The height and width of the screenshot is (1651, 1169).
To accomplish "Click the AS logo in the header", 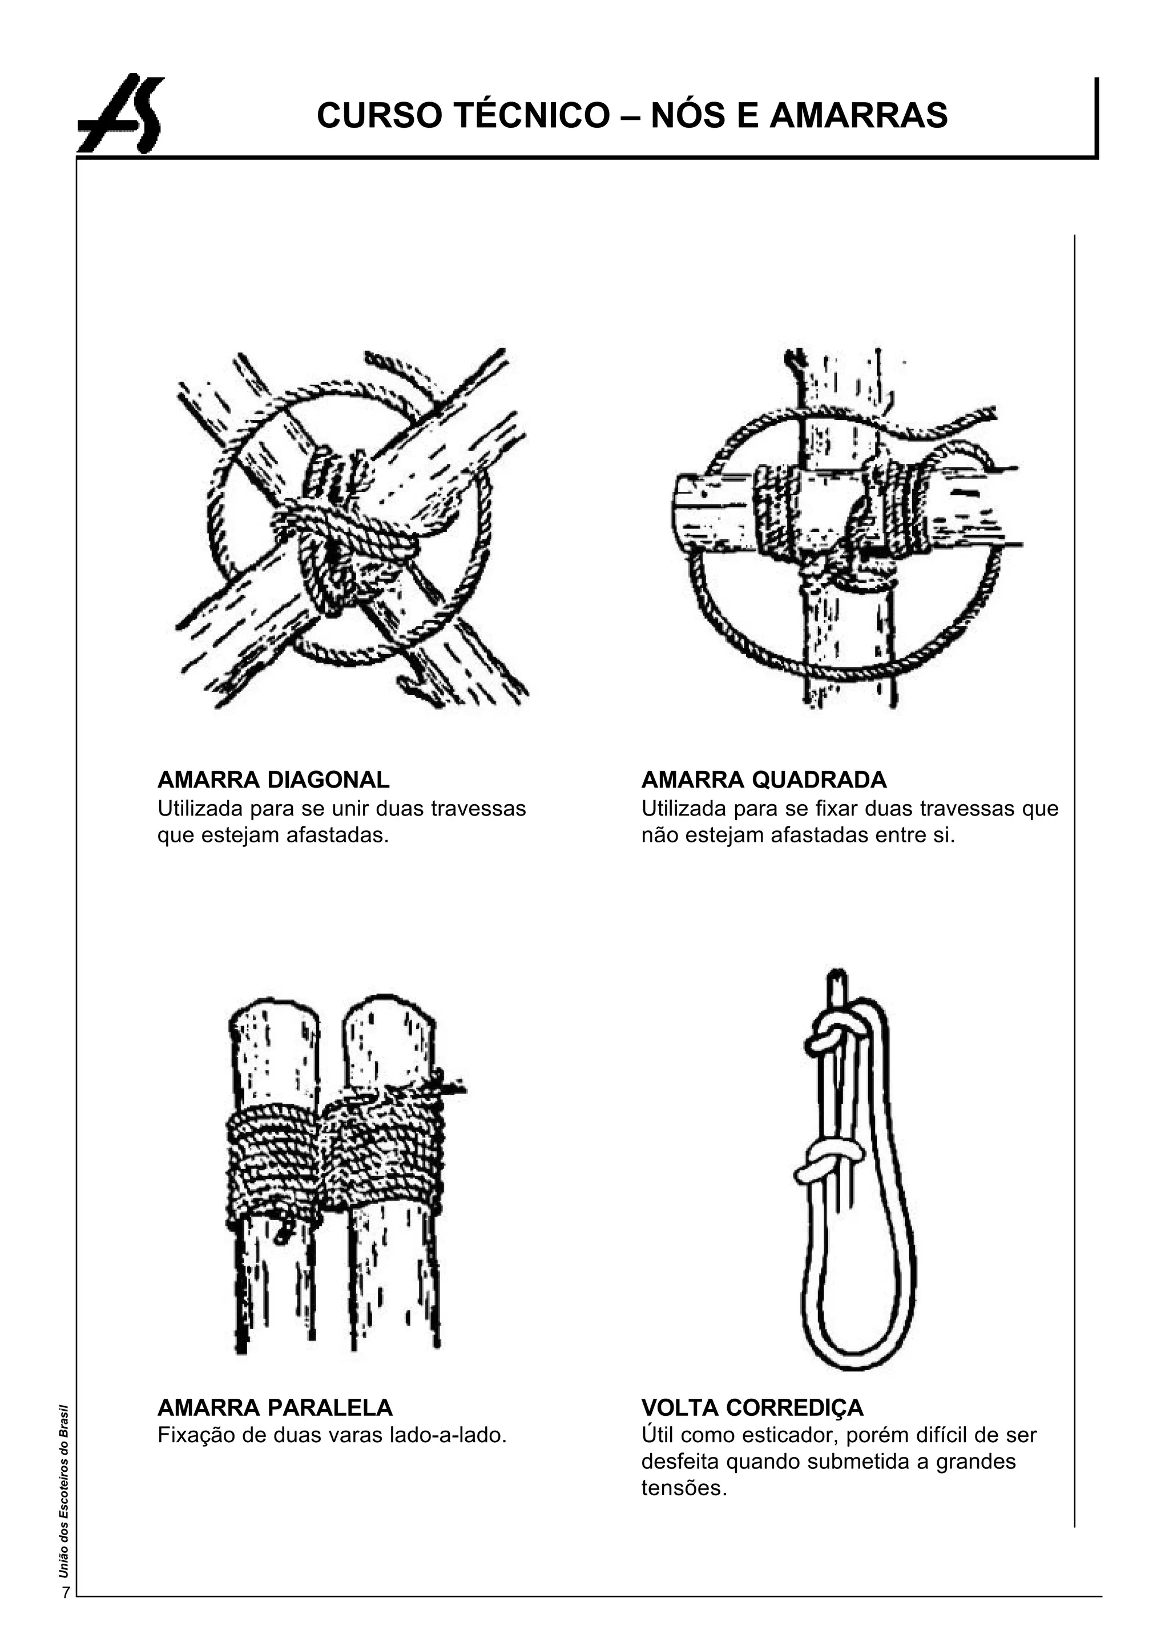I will coord(121,114).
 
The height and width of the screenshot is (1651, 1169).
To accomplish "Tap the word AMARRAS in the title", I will coord(858,115).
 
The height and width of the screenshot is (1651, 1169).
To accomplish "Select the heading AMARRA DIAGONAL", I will coord(273,780).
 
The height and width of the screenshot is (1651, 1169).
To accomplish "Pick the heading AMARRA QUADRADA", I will coord(764,780).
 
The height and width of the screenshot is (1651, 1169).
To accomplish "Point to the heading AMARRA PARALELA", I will coord(275,1407).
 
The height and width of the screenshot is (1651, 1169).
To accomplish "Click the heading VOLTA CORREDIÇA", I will coord(752,1407).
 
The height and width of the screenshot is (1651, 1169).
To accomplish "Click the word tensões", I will coord(684,1488).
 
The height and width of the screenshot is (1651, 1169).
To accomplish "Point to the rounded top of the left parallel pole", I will coord(274,1015).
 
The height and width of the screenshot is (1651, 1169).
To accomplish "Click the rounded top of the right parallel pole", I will coord(389,1011).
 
